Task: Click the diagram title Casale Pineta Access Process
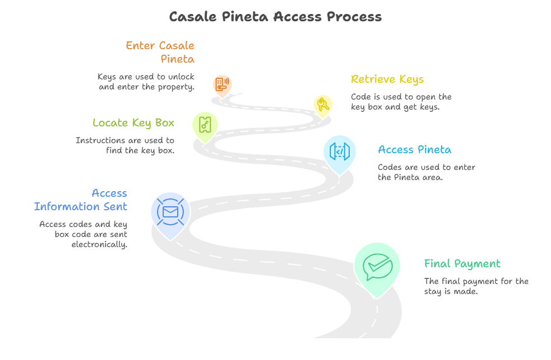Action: [275, 16]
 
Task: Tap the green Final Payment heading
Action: [462, 264]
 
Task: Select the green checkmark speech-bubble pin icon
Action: [377, 267]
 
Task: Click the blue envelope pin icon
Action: [170, 212]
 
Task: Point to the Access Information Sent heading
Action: [80, 200]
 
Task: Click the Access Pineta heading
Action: [414, 150]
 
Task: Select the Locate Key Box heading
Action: [133, 123]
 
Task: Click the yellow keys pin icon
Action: [322, 104]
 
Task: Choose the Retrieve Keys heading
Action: [387, 79]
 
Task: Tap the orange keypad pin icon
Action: [222, 84]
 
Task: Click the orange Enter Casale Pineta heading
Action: [160, 52]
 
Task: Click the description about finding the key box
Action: [125, 145]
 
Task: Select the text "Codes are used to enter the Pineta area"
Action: [426, 172]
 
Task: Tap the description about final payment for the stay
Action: [476, 286]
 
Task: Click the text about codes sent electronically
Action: [83, 234]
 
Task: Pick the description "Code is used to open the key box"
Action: [401, 102]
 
